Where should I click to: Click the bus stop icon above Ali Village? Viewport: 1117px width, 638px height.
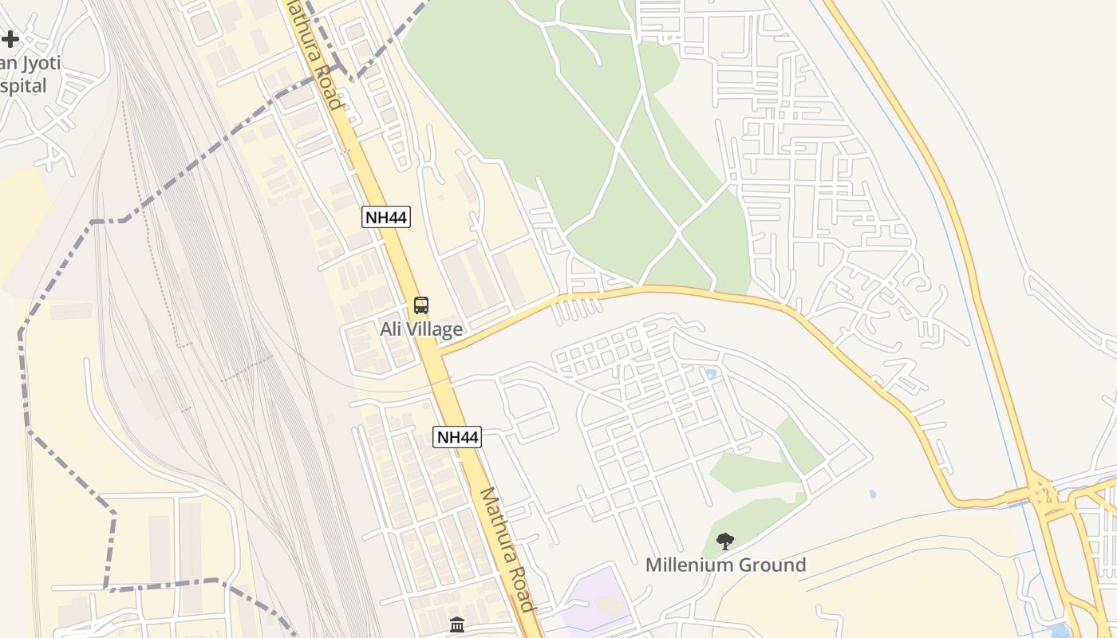pos(420,305)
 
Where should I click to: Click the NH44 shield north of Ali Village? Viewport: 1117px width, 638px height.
pos(386,217)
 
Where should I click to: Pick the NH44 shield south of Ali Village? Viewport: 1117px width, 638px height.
pos(458,437)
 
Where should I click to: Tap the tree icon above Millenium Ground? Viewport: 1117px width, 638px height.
pos(724,542)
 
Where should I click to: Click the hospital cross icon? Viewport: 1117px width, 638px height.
pos(10,38)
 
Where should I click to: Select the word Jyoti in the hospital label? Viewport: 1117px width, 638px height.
pos(40,64)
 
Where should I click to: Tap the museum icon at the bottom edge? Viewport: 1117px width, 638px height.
pos(457,624)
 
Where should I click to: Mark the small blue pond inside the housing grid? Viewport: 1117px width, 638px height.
pos(711,373)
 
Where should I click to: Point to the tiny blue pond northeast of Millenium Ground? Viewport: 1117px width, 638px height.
pos(873,494)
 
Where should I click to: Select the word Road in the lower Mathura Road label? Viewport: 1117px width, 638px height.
pos(519,589)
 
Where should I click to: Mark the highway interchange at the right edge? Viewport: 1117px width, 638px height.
pos(1042,494)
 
